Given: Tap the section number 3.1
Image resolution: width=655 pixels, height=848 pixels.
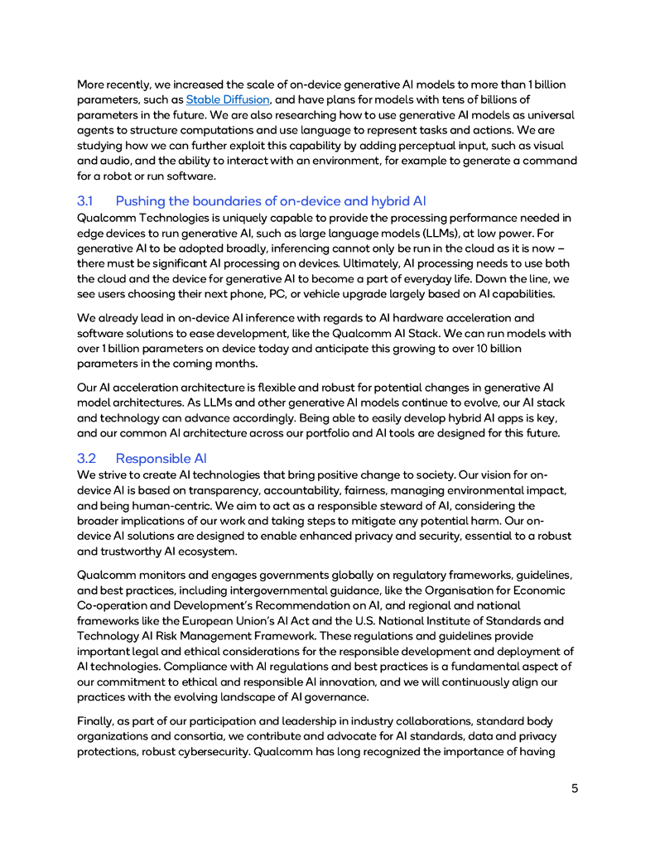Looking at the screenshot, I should click(x=86, y=200).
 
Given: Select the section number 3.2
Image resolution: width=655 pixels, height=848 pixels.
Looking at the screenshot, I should click(x=86, y=458).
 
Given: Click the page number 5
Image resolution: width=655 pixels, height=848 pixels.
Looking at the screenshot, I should click(x=575, y=788).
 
